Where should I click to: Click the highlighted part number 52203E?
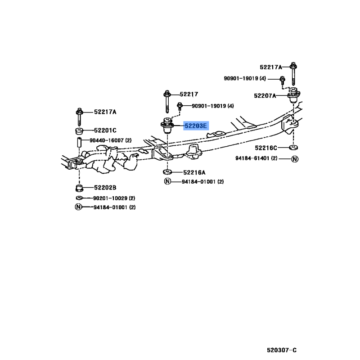tap(196, 126)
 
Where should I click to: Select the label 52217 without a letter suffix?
tap(189, 94)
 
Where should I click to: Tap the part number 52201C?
tap(105, 130)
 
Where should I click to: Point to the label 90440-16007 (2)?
tap(110, 140)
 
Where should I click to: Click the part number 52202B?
tap(105, 188)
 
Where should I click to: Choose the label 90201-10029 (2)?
tap(114, 198)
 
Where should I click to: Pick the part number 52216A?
tap(194, 172)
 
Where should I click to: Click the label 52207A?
tap(265, 96)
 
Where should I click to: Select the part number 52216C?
tap(266, 148)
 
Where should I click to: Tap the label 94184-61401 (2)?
tap(256, 158)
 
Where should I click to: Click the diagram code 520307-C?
tap(282, 350)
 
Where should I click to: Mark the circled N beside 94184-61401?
tap(295, 159)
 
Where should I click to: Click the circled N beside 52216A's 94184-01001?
tap(167, 181)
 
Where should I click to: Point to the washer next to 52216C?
tap(293, 148)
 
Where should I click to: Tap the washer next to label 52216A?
tap(167, 171)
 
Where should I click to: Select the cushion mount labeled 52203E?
tap(167, 126)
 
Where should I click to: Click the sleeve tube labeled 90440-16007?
tap(79, 142)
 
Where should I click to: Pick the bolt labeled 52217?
tap(167, 102)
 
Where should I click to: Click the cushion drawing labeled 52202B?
tap(79, 188)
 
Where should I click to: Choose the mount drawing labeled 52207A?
tap(294, 95)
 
